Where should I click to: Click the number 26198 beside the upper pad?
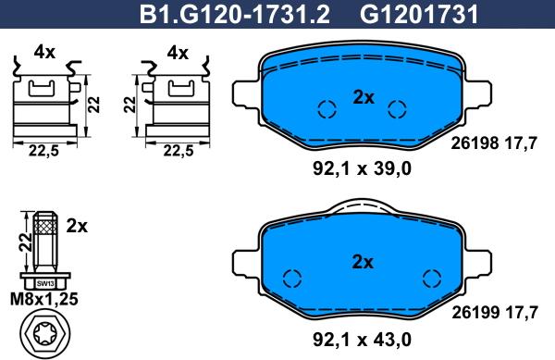475,143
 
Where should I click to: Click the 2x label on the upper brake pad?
362,95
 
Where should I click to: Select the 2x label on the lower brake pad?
362,262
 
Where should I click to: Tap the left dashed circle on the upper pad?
326,109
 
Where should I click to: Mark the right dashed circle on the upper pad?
398,109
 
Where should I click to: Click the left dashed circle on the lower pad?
292,279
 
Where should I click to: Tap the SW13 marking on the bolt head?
44,282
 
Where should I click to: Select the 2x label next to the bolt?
77,225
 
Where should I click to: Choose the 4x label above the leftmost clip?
44,54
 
